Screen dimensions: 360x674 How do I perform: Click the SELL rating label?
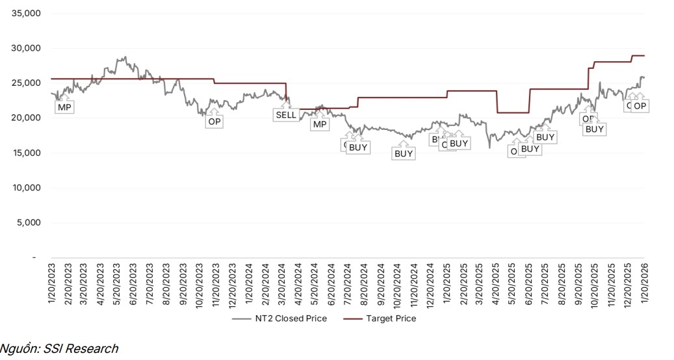coord(285,115)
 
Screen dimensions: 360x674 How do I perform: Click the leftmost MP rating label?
coord(64,107)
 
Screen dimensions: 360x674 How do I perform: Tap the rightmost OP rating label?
coord(640,106)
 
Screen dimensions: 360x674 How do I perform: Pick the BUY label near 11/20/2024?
coord(404,154)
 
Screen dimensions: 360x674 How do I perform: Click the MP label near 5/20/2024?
coord(319,124)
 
